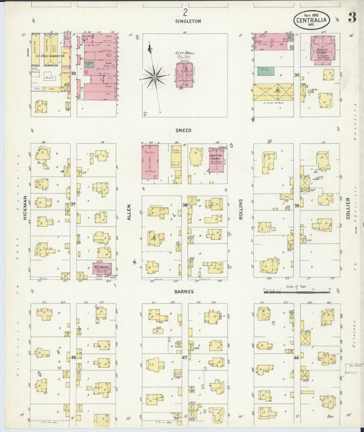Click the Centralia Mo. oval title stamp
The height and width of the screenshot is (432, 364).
pyautogui.click(x=313, y=21)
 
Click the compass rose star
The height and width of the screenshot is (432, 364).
pyautogui.click(x=154, y=75)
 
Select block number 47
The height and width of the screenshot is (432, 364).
pyautogui.click(x=184, y=357)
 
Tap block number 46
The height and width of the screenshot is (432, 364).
pyautogui.click(x=296, y=357)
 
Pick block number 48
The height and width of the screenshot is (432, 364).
pyautogui.click(x=73, y=357)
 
